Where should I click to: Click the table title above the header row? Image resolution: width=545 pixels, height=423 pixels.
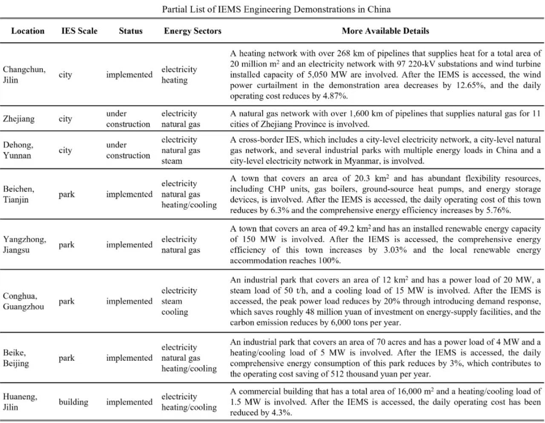[276, 9]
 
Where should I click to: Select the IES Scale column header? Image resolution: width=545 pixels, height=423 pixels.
[79, 31]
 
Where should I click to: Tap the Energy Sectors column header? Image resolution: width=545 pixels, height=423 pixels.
[192, 31]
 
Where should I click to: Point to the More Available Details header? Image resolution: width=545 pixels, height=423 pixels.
[385, 31]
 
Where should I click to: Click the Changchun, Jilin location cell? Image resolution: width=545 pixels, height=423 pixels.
[24, 74]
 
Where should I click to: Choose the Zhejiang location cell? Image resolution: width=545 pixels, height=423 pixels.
[19, 119]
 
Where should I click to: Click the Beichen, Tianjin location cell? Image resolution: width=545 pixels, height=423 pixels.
[19, 194]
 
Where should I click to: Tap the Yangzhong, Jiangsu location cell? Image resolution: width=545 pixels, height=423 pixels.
[24, 245]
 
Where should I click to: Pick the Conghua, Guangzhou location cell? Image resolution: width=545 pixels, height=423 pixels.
[23, 301]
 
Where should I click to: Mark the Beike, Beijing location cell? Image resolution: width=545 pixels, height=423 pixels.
[16, 358]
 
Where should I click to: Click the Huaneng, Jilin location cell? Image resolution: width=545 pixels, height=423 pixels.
[20, 402]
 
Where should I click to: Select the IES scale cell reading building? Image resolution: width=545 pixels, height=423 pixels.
[73, 402]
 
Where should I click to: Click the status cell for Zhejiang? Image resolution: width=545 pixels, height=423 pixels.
[128, 119]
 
